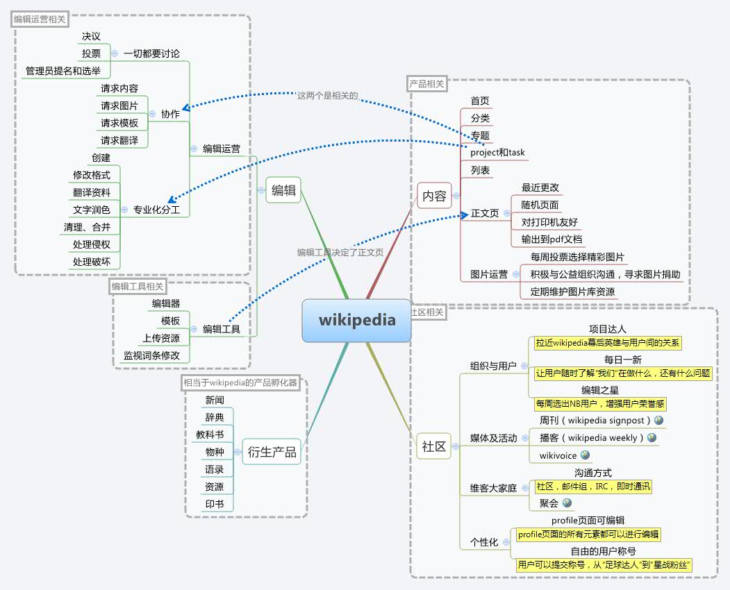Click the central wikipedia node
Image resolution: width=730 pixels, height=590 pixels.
[357, 320]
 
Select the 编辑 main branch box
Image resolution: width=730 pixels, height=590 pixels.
[283, 189]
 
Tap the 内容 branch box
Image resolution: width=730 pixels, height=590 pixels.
[434, 196]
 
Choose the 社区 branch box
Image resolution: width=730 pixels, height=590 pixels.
[434, 446]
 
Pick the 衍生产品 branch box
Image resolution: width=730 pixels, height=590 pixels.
[272, 453]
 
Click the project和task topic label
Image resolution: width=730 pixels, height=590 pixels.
[497, 153]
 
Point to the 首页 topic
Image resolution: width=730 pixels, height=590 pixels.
[480, 101]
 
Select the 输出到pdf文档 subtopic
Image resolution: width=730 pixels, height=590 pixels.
[552, 239]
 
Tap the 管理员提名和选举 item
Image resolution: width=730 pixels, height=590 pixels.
[63, 71]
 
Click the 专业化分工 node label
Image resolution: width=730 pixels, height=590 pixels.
[157, 209]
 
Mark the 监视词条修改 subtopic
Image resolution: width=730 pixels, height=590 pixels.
[151, 355]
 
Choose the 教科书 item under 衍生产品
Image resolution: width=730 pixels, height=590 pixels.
[210, 435]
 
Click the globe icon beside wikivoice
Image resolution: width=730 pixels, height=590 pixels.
[586, 455]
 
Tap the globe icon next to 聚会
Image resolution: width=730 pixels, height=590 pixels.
[567, 503]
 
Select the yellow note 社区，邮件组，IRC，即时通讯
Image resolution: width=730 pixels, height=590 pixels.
[593, 487]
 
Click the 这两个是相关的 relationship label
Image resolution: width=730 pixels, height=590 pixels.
[327, 96]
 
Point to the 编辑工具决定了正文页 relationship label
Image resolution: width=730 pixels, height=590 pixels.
[340, 253]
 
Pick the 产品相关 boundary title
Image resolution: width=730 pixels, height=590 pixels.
[426, 84]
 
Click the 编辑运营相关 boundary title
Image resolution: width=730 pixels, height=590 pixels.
[40, 19]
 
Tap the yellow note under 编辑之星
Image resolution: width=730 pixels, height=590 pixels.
[600, 403]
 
